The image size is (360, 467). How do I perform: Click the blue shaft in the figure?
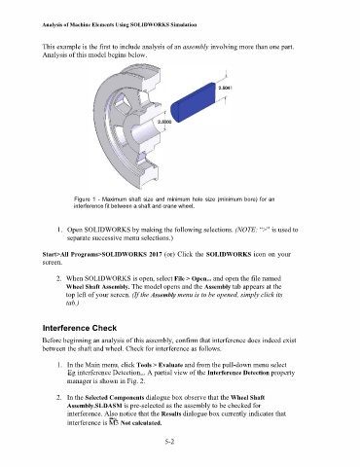[194, 102]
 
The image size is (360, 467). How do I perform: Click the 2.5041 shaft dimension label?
[225, 88]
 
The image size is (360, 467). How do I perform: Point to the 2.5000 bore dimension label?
[164, 122]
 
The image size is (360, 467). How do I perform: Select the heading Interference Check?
[80, 328]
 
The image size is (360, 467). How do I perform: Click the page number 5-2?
[169, 442]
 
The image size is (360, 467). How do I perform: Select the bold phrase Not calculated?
[141, 423]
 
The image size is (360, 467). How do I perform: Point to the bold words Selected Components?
[115, 397]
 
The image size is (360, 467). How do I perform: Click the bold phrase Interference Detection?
[238, 373]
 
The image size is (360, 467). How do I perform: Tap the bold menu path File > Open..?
[193, 278]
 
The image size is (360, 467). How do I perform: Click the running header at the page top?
[120, 24]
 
